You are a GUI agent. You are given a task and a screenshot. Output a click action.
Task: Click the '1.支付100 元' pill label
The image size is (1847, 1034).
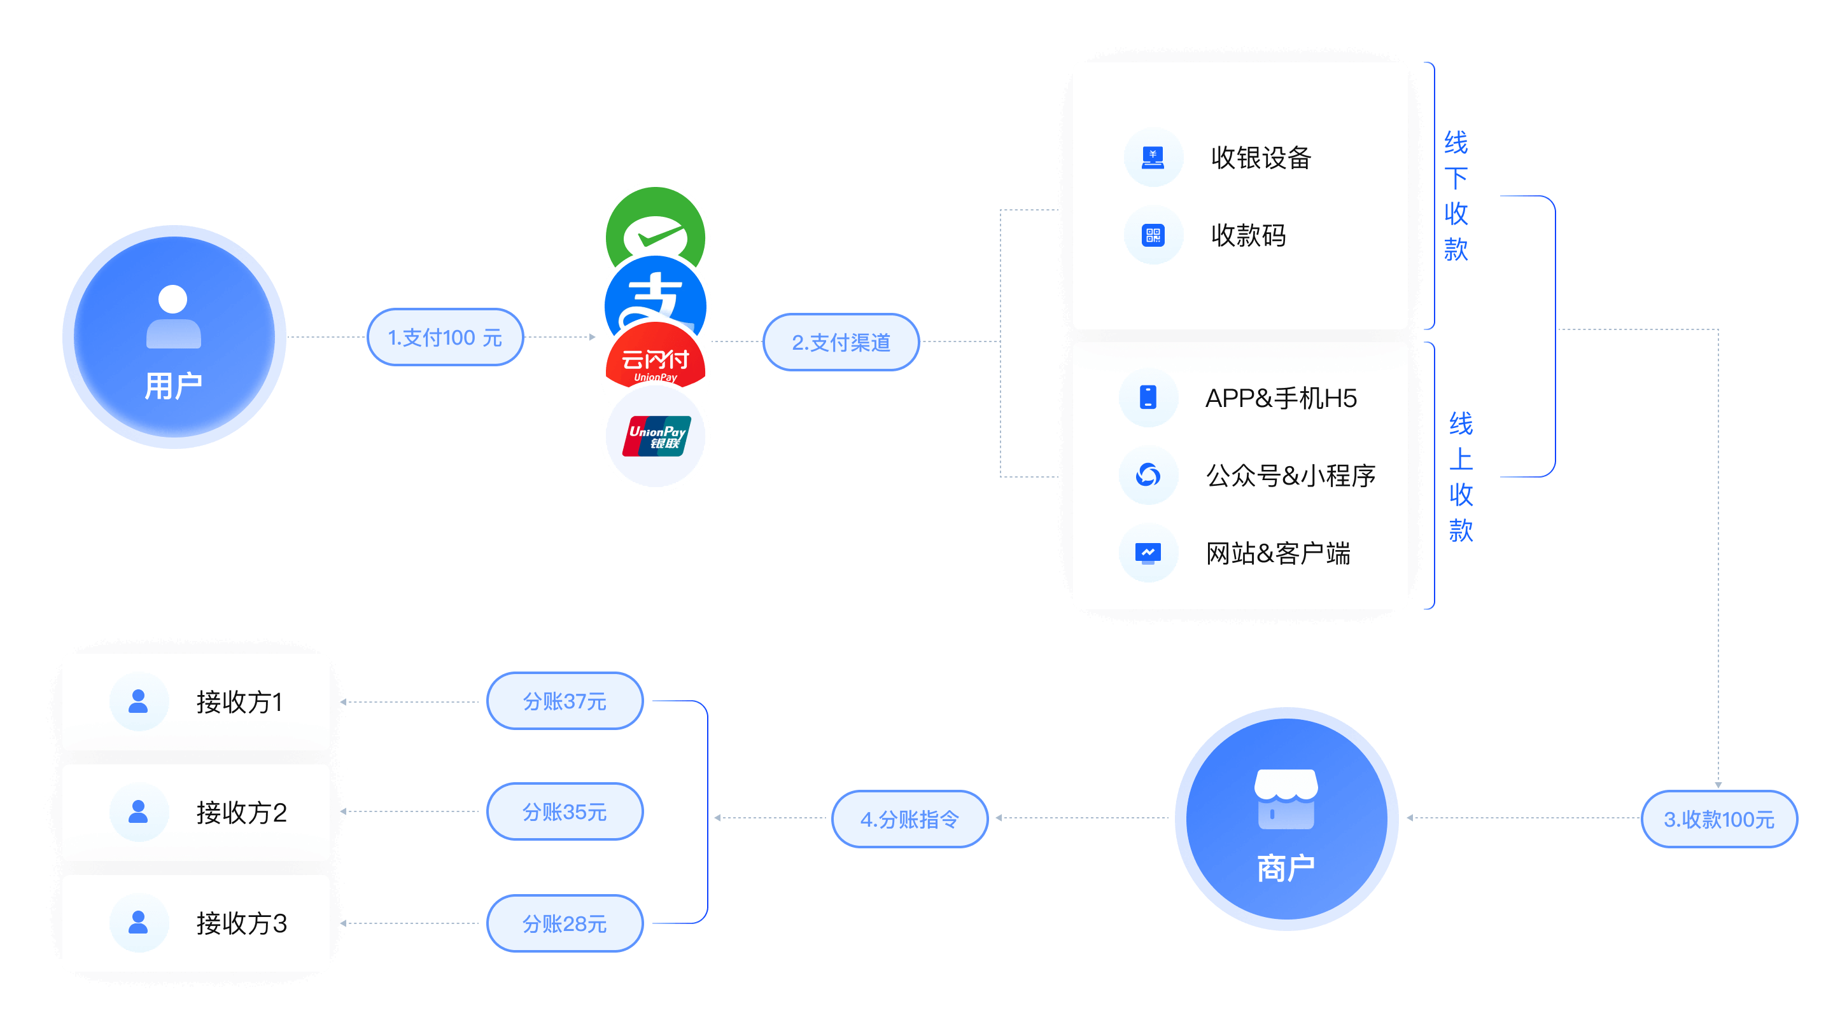tap(444, 337)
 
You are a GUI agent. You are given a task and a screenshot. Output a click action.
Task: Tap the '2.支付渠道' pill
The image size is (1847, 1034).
tap(840, 341)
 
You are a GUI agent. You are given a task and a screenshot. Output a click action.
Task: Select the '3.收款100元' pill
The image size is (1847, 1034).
tap(1718, 818)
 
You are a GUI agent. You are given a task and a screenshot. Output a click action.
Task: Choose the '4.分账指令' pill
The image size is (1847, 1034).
tap(909, 818)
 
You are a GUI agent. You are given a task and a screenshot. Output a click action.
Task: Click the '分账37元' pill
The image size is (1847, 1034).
tap(565, 701)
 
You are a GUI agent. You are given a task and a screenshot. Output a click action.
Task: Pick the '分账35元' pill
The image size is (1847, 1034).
tap(565, 811)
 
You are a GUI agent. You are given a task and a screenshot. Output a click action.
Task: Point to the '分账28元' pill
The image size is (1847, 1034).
tap(565, 923)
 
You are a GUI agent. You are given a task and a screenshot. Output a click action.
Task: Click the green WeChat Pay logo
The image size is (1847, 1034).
tap(655, 222)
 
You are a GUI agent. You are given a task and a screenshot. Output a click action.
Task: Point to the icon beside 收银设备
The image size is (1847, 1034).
tap(1152, 157)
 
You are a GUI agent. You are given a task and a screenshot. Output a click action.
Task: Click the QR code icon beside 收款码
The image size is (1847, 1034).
tap(1152, 235)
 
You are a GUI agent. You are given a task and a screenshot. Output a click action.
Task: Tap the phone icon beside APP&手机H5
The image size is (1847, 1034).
tap(1148, 397)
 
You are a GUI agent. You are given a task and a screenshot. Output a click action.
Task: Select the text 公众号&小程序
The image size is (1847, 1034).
tap(1290, 475)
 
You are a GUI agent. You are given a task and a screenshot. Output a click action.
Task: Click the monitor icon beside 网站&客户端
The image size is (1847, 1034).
tap(1148, 553)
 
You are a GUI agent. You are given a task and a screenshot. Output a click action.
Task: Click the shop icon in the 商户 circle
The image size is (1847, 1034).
tap(1286, 798)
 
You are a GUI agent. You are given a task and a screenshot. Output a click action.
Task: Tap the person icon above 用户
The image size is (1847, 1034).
tap(172, 317)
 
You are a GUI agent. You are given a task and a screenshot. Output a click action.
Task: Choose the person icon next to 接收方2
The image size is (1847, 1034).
tap(137, 811)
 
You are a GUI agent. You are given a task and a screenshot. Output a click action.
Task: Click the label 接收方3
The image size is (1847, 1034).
tap(241, 923)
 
